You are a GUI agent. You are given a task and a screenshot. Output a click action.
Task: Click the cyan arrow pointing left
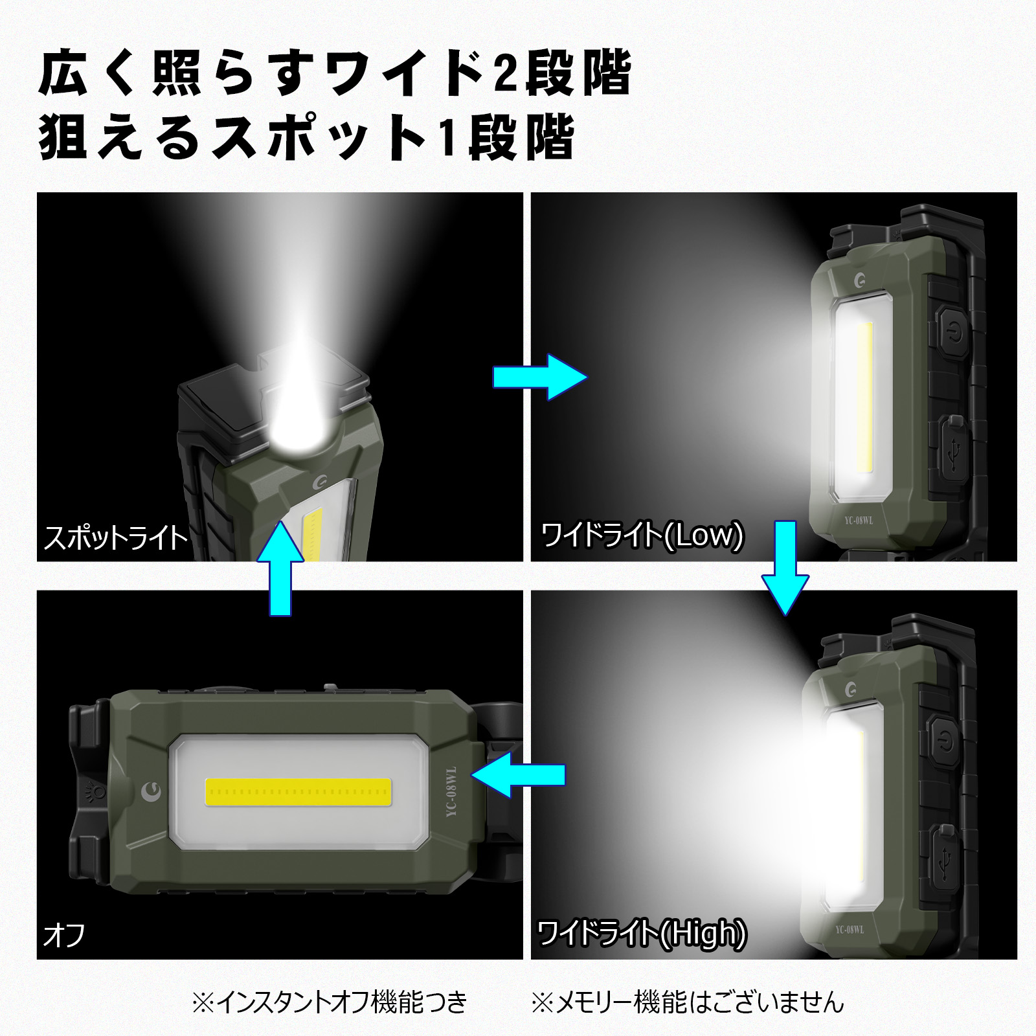518,774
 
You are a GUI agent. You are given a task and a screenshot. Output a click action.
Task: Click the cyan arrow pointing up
280,570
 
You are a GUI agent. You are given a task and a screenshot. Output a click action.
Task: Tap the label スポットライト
115,538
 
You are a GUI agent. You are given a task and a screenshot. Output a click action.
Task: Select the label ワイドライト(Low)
642,535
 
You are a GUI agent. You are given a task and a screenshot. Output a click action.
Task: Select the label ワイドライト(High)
642,933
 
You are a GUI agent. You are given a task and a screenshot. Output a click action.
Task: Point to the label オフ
64,936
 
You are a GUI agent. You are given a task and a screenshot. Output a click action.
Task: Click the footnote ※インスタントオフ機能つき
329,1002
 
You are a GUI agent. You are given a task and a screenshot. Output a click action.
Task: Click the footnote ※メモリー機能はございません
688,1002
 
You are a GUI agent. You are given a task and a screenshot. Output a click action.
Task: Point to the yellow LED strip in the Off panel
298,792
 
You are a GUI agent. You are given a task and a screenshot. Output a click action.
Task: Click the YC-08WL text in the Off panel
451,791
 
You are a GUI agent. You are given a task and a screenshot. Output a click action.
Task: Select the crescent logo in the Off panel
151,789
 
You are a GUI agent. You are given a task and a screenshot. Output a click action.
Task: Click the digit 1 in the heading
446,138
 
